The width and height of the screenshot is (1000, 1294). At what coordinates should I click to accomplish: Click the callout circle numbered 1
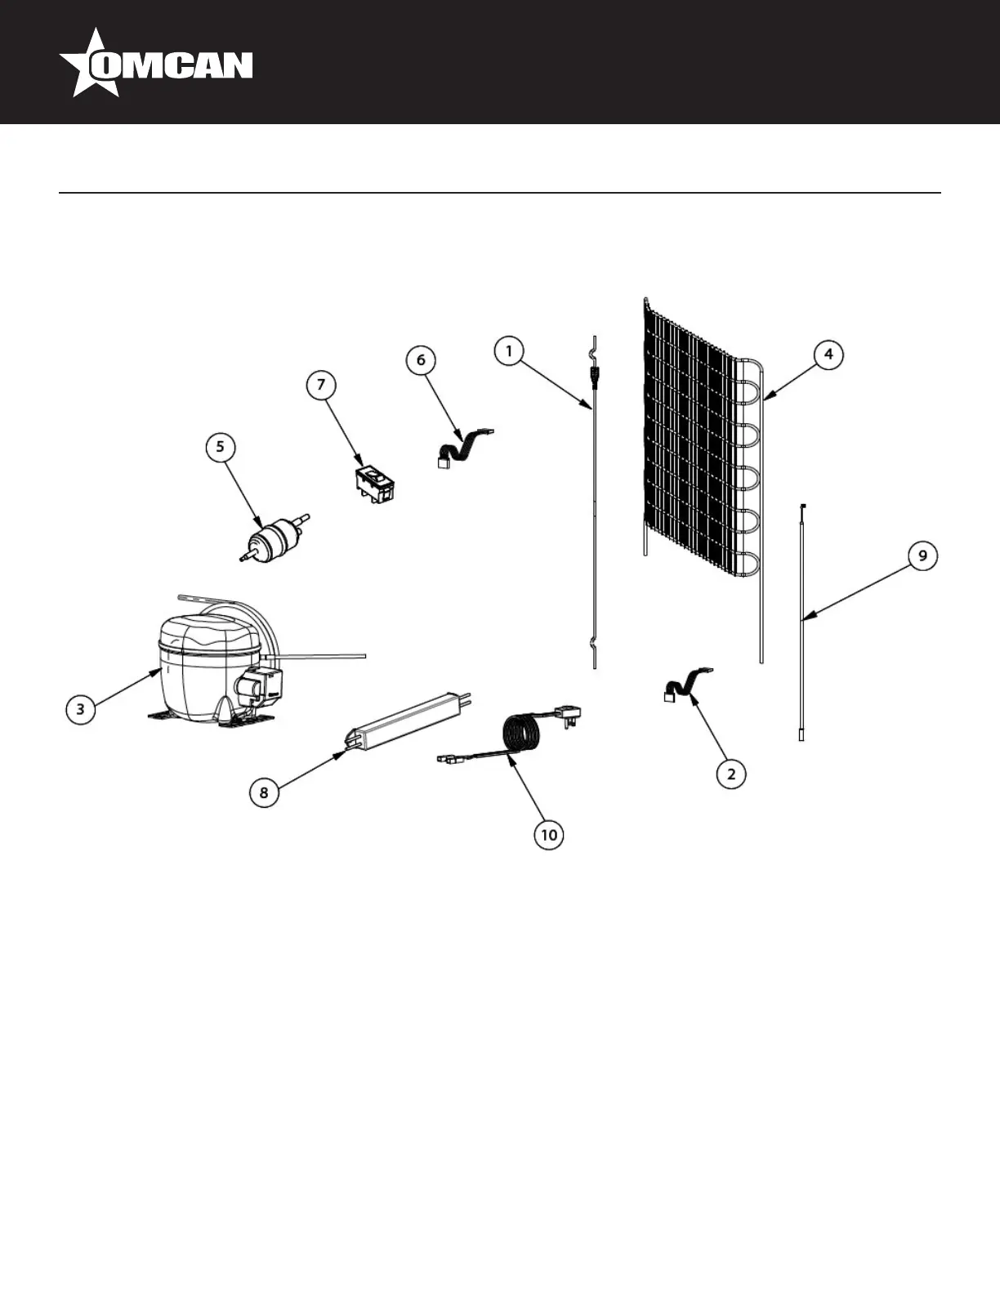tap(508, 351)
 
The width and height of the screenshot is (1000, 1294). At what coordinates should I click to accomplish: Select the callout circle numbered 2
tap(731, 773)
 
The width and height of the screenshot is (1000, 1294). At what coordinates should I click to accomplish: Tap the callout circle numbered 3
tap(80, 708)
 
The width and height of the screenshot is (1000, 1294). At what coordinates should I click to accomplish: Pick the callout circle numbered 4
tap(828, 355)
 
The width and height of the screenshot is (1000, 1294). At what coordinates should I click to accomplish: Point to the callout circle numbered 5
tap(220, 447)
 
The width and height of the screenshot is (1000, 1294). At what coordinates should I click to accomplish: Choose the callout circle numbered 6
tap(421, 359)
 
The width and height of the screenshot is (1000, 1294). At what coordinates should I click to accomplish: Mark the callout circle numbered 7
tap(321, 384)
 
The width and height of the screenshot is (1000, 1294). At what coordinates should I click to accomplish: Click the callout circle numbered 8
tap(263, 792)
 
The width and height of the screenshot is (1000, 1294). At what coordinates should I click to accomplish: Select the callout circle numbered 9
tap(922, 556)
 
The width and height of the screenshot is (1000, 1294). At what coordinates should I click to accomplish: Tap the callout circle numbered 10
tap(549, 834)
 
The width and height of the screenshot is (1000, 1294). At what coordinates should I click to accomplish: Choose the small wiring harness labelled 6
tap(462, 445)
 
